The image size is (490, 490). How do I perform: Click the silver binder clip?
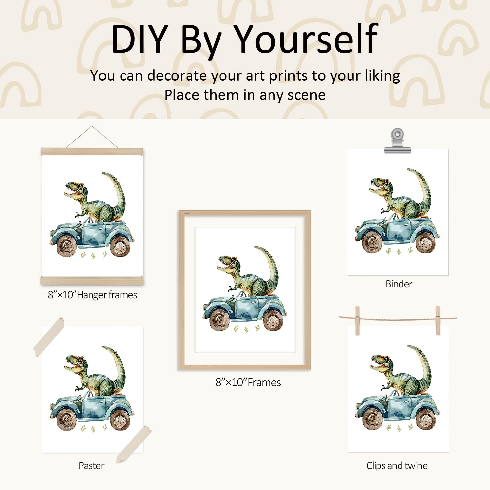(x=397, y=141)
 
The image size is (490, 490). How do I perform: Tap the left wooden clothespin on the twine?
(x=357, y=320)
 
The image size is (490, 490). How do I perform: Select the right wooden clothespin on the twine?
(x=438, y=320)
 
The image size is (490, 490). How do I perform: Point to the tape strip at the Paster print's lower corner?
(x=134, y=444)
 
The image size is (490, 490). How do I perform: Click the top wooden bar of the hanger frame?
(x=92, y=152)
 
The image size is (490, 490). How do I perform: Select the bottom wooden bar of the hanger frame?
(x=92, y=280)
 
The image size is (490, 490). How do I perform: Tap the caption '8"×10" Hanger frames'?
(x=92, y=295)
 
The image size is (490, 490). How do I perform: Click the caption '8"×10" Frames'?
(x=248, y=382)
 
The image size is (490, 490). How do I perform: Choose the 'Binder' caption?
(x=399, y=284)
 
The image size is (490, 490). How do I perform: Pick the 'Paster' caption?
(x=91, y=465)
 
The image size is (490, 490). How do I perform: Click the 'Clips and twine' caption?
(x=397, y=465)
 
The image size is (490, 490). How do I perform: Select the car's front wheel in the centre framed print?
(x=220, y=319)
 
